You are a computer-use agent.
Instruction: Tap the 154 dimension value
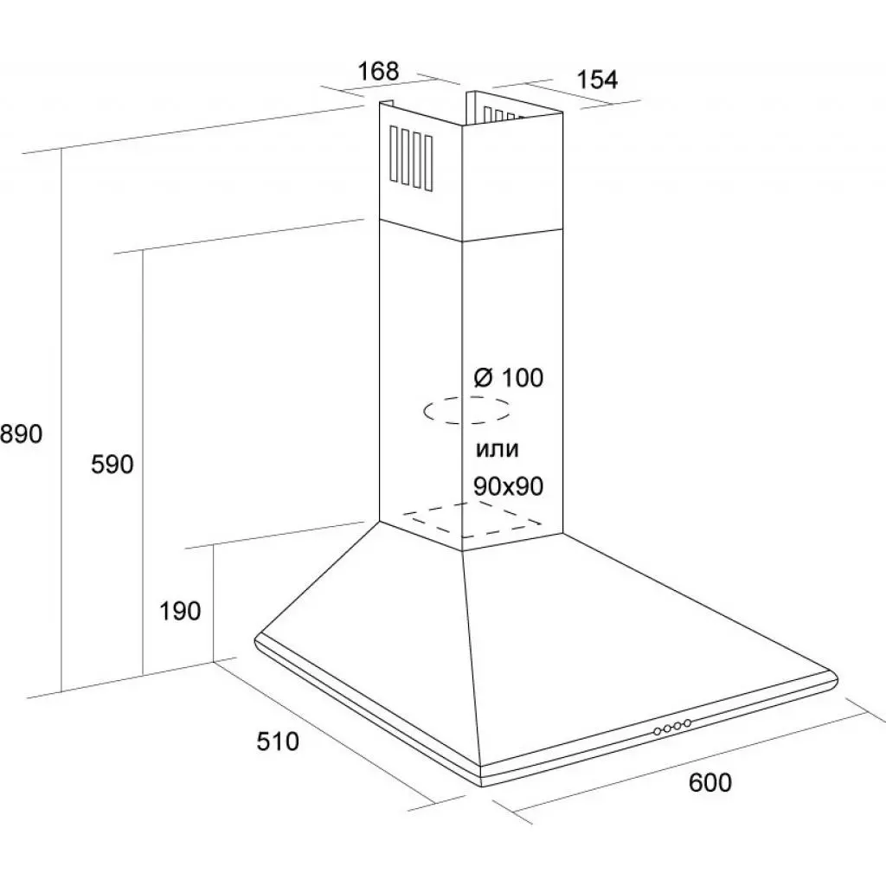click(598, 80)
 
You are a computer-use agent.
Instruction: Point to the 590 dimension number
click(112, 465)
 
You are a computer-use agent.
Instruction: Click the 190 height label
click(180, 612)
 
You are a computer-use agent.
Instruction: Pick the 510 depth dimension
click(277, 742)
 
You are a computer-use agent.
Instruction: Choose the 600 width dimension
click(710, 782)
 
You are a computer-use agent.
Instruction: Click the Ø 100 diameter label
click(509, 378)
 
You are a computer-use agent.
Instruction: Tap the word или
click(497, 449)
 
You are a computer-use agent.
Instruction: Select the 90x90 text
click(508, 487)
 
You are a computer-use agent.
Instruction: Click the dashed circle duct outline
click(466, 411)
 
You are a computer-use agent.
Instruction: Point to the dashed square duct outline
click(474, 519)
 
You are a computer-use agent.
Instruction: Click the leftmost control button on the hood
click(658, 732)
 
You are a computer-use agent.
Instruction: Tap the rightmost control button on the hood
click(687, 722)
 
